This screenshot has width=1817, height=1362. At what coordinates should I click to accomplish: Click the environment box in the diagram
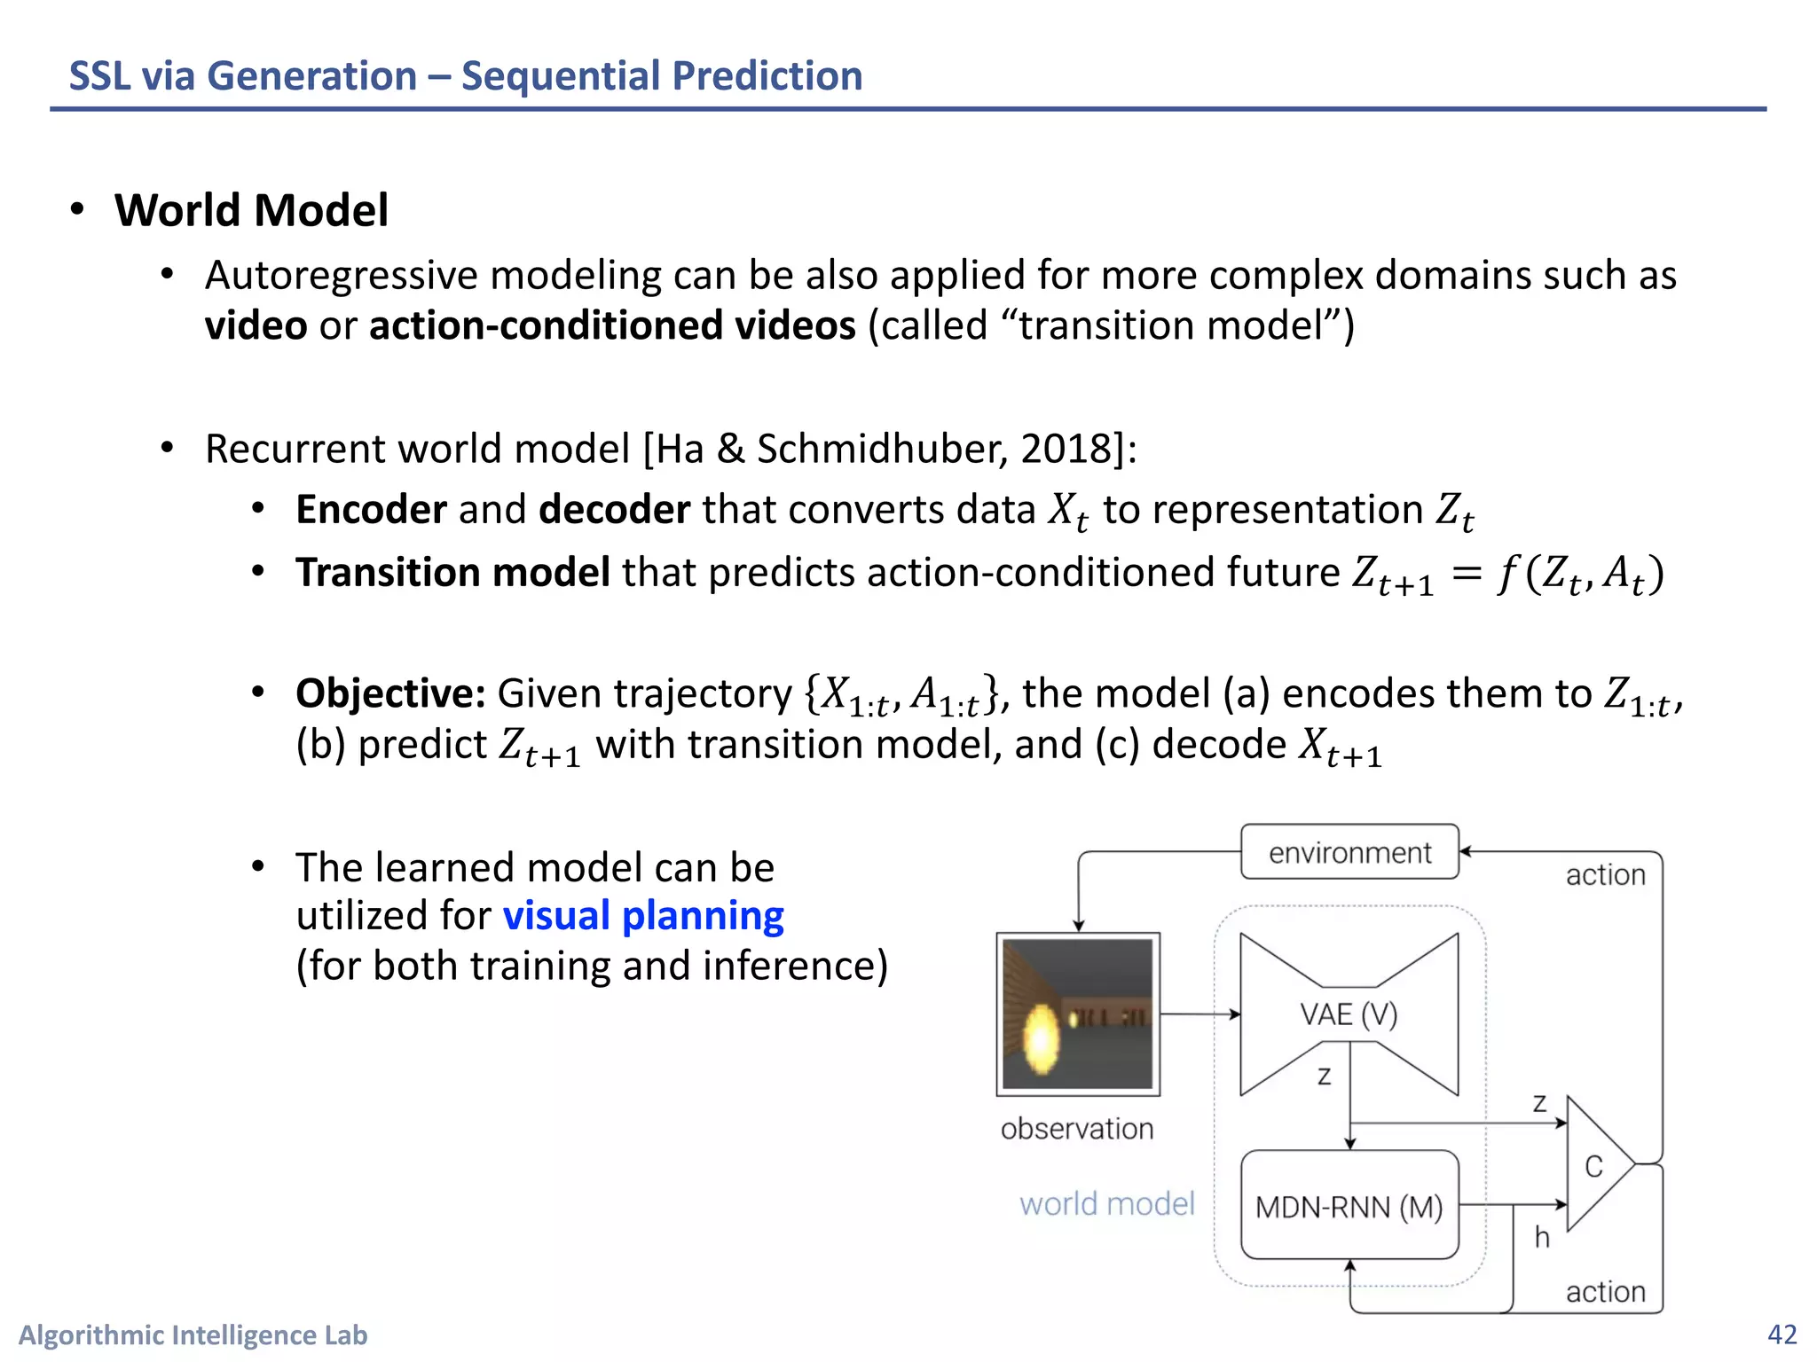1349,852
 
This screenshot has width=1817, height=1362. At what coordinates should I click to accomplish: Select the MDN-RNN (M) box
1349,1206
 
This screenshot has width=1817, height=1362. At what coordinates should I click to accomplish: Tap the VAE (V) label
1348,1014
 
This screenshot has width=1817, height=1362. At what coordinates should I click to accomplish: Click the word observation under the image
1077,1129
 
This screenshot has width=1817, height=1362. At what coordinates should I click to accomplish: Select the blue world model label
1106,1203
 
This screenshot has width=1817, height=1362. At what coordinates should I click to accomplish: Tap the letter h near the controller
1542,1237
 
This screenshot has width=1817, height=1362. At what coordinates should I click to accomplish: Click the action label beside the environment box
1605,875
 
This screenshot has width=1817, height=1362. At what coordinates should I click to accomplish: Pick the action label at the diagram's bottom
1605,1292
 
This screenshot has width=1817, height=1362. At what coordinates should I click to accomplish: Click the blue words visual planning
643,916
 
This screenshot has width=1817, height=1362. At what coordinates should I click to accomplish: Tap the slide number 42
1782,1335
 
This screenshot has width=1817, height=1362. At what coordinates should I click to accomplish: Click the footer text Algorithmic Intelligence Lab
193,1335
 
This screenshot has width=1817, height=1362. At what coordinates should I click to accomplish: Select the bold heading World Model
251,211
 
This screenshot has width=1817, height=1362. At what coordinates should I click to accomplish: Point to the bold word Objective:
390,693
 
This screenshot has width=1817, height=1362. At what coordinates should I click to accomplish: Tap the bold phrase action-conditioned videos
612,325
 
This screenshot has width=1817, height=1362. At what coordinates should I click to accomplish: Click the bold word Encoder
371,510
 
